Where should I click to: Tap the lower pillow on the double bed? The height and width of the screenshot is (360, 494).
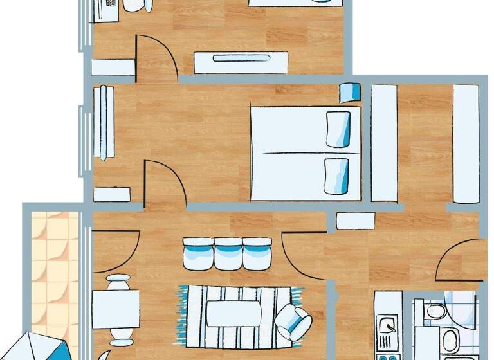[x=337, y=175]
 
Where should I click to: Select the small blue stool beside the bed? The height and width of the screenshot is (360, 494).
[x=351, y=93]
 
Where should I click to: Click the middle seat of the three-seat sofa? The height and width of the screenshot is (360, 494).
[x=227, y=253]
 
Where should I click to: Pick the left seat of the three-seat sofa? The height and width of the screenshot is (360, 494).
[x=197, y=253]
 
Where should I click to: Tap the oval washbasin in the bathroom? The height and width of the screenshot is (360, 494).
[x=451, y=338]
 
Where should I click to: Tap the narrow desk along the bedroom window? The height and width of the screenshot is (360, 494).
[x=104, y=122]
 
